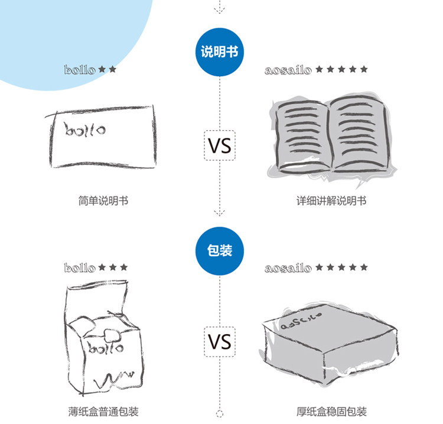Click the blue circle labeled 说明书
(220, 51)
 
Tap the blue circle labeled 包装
(220, 250)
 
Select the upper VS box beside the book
(220, 145)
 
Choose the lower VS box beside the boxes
(220, 342)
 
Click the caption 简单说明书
(103, 201)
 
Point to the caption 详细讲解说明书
(331, 201)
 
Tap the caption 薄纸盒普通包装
(103, 412)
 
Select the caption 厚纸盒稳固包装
(331, 412)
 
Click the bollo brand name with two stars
(79, 70)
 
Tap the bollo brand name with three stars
(79, 268)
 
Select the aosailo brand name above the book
(288, 70)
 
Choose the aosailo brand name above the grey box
(288, 268)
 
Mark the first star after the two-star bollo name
(102, 69)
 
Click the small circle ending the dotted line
(220, 413)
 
